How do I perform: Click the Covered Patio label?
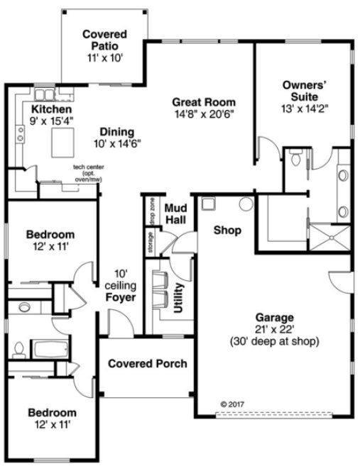click(104, 34)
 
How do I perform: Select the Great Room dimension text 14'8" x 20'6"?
click(204, 113)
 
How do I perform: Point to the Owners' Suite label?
click(304, 91)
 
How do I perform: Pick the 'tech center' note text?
click(84, 167)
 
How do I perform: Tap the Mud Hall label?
click(175, 214)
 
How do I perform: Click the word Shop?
click(227, 231)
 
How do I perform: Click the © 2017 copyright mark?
click(231, 404)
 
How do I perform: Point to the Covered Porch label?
click(148, 364)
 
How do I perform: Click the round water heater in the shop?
click(246, 204)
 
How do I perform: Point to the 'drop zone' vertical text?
click(152, 211)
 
